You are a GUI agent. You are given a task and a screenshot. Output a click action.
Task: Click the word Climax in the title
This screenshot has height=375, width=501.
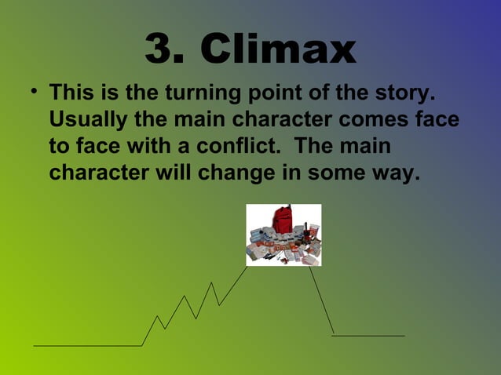point(279,49)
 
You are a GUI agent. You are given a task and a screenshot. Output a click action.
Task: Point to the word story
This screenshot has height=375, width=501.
point(404,95)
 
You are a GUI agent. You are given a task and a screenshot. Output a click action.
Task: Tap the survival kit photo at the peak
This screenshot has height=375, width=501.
point(283,235)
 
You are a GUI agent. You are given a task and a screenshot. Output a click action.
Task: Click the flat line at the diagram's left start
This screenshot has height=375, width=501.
point(86,345)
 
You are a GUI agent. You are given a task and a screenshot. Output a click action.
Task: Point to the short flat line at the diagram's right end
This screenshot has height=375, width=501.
point(368,336)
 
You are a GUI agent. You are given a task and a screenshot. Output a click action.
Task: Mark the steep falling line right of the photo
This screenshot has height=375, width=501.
point(322,302)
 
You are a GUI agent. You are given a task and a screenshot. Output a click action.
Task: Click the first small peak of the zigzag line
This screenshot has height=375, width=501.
point(158,317)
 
